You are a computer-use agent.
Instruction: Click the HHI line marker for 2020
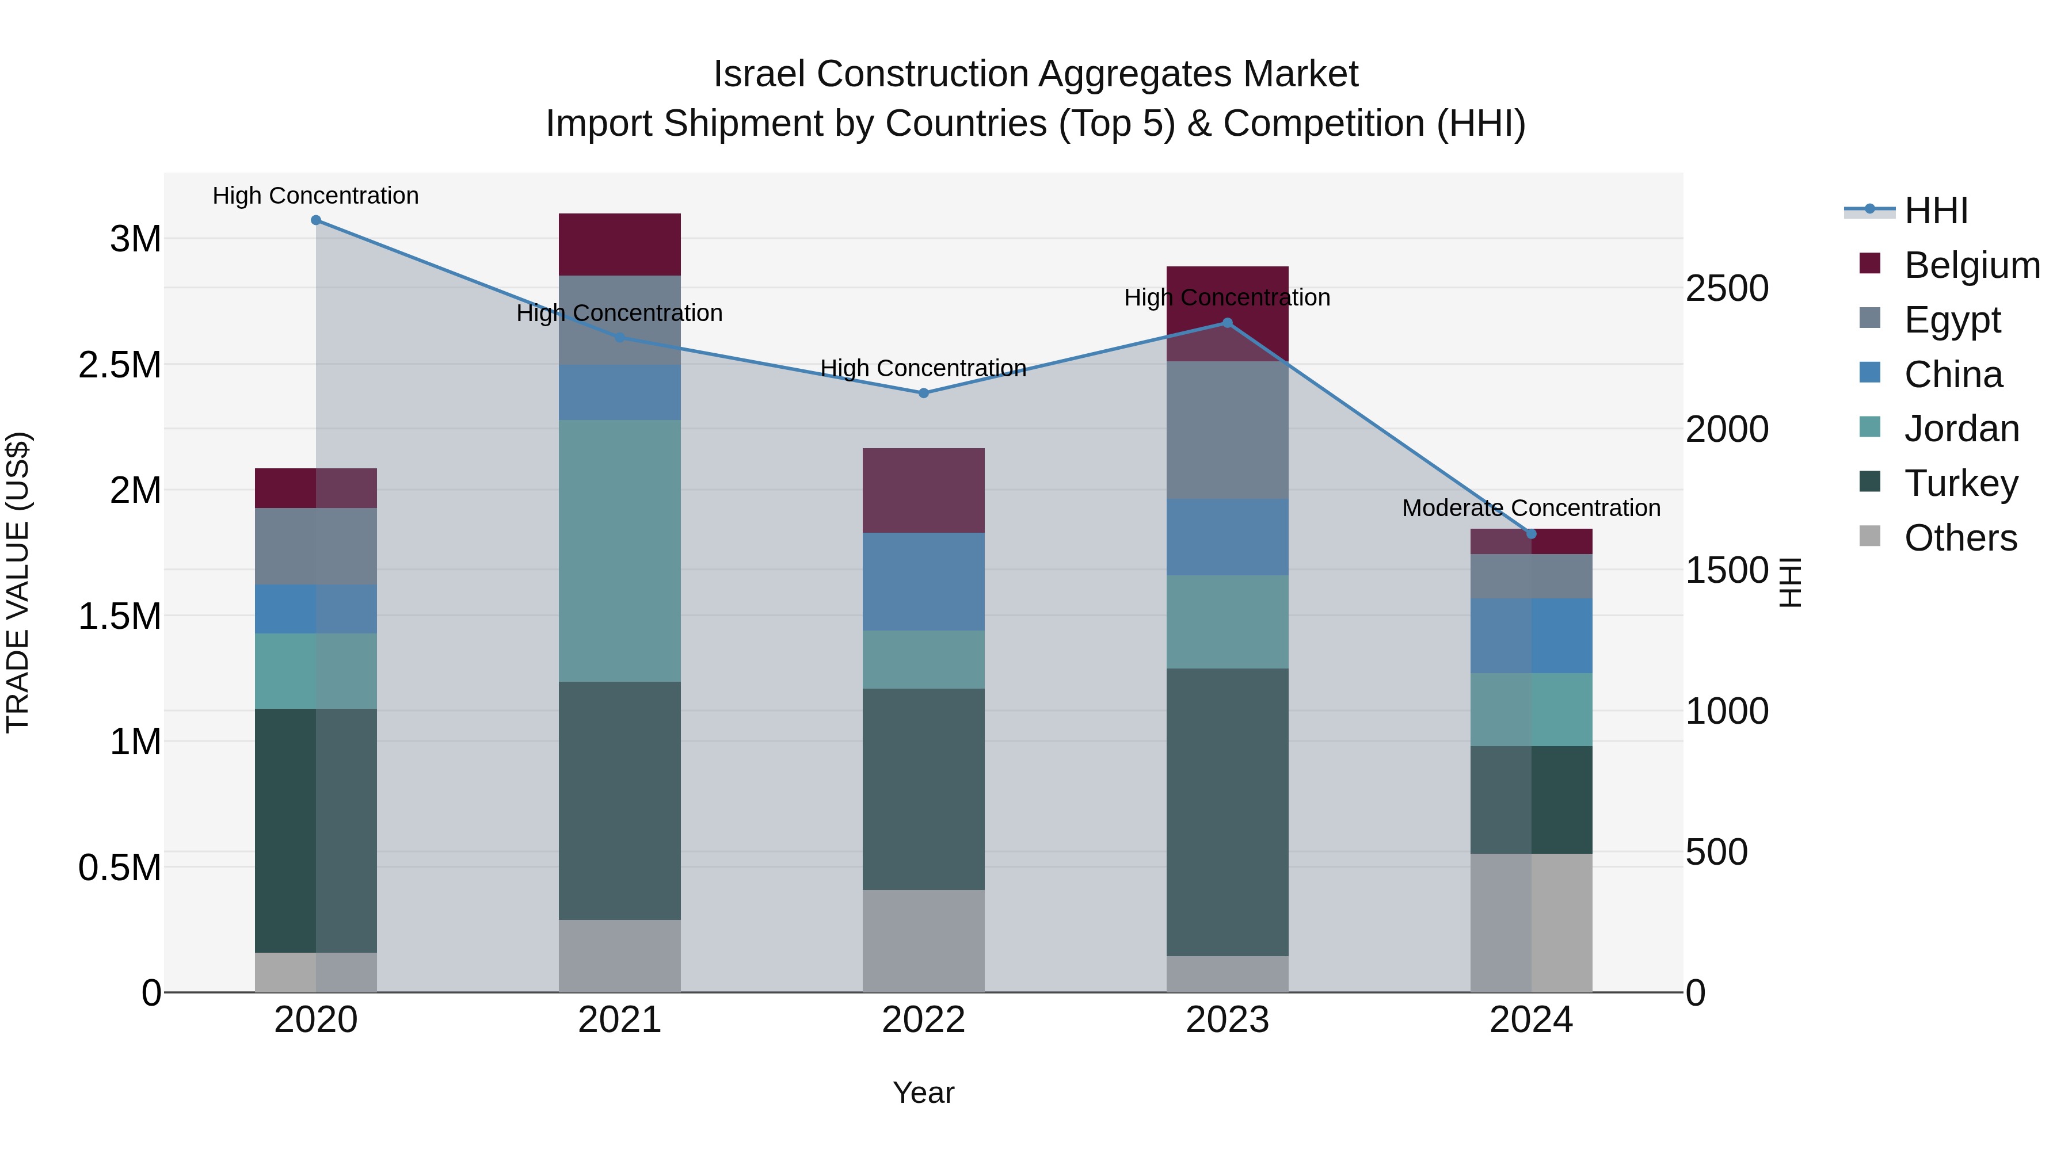coord(315,220)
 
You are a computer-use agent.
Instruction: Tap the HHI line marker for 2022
coord(923,393)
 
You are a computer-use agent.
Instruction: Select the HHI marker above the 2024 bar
coord(1530,534)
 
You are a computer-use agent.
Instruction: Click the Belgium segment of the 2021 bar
coord(619,245)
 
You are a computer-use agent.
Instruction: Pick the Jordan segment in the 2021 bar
coord(619,551)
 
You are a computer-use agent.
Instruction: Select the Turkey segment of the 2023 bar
coord(1227,812)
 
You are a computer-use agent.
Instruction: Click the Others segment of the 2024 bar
coord(1530,923)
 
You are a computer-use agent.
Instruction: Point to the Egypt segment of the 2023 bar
coord(1227,430)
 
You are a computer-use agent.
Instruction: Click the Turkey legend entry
coord(1960,483)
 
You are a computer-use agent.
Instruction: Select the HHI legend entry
coord(1935,211)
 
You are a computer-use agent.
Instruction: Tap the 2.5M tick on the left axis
coord(120,365)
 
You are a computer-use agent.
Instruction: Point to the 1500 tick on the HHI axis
coord(1726,570)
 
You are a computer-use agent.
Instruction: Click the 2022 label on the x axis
coord(923,1020)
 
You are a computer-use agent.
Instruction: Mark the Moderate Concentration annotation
coord(1530,508)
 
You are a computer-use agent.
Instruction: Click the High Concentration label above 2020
coord(315,196)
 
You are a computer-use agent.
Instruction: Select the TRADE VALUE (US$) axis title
coord(18,582)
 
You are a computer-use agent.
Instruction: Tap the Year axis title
coord(923,1093)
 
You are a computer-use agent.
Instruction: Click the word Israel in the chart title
coord(759,74)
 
